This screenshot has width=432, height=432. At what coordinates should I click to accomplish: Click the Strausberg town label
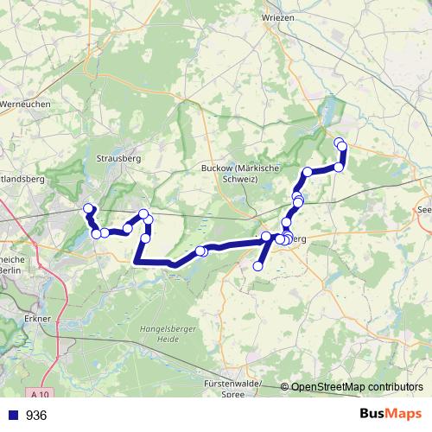(x=118, y=159)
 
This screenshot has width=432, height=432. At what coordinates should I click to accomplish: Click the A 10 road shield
(x=36, y=393)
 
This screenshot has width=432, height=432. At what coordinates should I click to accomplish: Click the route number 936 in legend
(x=36, y=416)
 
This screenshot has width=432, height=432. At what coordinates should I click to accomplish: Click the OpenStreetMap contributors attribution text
(x=356, y=387)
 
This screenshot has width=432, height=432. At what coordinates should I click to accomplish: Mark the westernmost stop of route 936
(x=87, y=209)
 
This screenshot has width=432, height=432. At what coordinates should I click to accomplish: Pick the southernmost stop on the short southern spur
(x=257, y=266)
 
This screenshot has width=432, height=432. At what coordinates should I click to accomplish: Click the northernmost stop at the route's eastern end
(x=339, y=142)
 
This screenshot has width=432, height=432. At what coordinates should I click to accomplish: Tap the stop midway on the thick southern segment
(x=200, y=251)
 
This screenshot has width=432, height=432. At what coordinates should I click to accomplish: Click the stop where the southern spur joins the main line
(x=266, y=237)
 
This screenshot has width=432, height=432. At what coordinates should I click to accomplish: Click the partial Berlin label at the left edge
(x=8, y=270)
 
